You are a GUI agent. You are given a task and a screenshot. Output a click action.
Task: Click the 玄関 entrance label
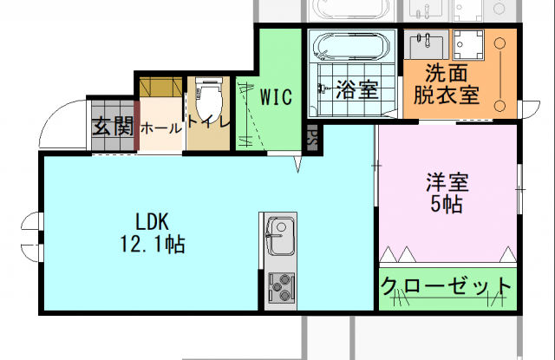(x=113, y=127)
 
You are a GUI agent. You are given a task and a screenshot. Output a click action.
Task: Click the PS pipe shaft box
(x=312, y=137)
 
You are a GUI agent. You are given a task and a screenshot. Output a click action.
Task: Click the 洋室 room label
(x=447, y=184)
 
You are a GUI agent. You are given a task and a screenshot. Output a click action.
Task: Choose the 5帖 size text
(x=447, y=206)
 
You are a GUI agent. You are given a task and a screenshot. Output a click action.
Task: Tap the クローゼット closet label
(x=447, y=285)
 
